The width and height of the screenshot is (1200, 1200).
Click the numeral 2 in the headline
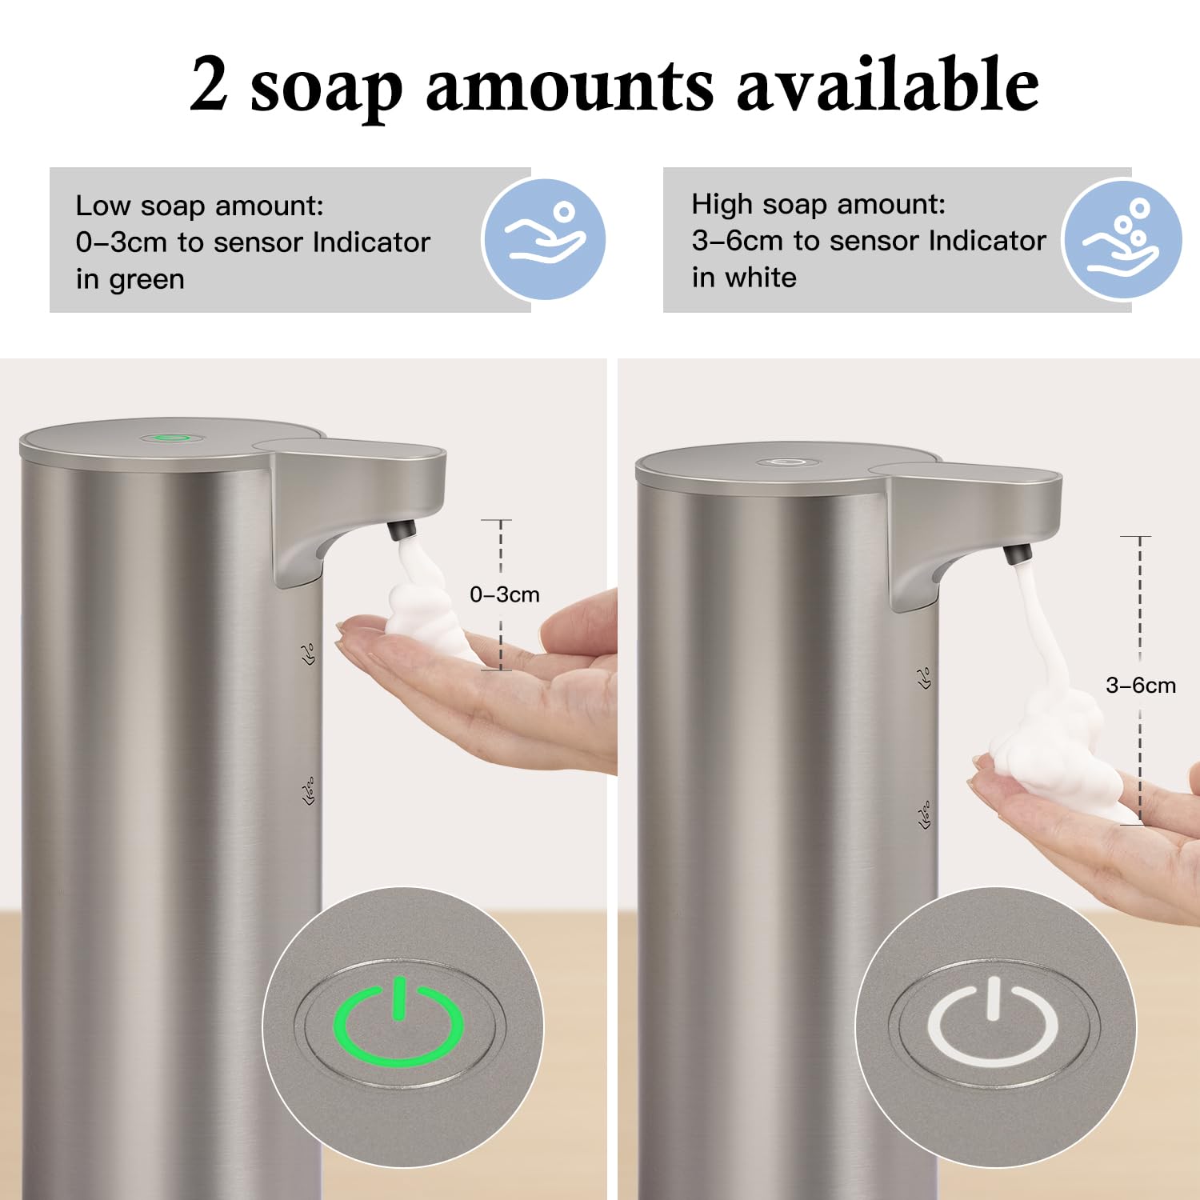tap(209, 86)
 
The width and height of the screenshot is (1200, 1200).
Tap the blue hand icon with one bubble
tap(544, 239)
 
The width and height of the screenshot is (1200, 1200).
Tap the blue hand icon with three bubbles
tap(1122, 239)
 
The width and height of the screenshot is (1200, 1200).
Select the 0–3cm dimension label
tap(504, 594)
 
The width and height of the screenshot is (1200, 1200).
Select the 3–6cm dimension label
tap(1140, 685)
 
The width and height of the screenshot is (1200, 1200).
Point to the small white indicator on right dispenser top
tap(785, 462)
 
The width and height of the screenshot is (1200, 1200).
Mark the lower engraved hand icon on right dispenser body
tap(926, 816)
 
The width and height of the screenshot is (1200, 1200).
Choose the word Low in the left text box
tap(102, 206)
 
